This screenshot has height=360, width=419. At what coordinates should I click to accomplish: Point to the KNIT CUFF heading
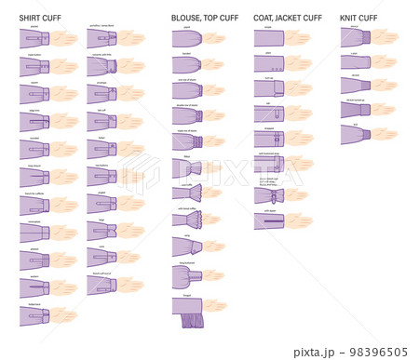358,18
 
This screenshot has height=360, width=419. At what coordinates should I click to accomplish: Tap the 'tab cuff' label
101,110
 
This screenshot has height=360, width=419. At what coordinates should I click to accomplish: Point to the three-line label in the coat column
269,180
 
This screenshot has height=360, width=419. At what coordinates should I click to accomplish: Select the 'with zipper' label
269,210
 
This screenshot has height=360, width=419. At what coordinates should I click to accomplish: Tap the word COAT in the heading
263,18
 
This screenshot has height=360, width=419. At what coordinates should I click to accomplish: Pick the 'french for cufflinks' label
34,193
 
